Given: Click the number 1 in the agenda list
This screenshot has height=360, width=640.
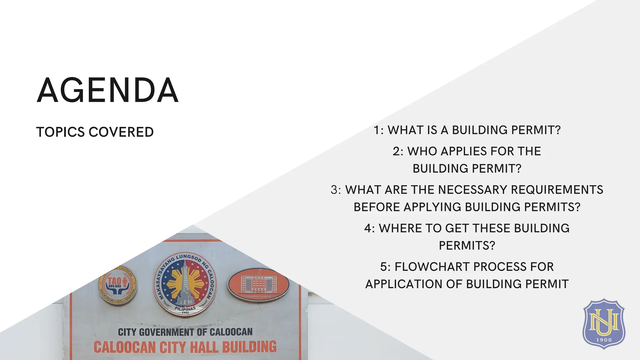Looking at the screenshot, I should (377, 130).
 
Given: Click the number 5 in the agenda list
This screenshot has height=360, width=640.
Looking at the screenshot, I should (384, 267).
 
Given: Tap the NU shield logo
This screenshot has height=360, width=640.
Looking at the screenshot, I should (604, 323).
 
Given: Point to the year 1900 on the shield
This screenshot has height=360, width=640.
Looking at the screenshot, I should (604, 340).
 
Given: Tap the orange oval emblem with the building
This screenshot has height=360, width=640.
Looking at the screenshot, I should (258, 284).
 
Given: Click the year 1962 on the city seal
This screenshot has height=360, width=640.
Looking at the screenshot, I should (185, 312).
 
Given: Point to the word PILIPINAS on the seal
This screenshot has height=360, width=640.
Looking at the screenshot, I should (185, 308).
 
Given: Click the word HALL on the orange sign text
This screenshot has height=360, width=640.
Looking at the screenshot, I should (203, 347).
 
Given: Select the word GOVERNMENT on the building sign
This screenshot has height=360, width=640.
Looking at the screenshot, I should (167, 332).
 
